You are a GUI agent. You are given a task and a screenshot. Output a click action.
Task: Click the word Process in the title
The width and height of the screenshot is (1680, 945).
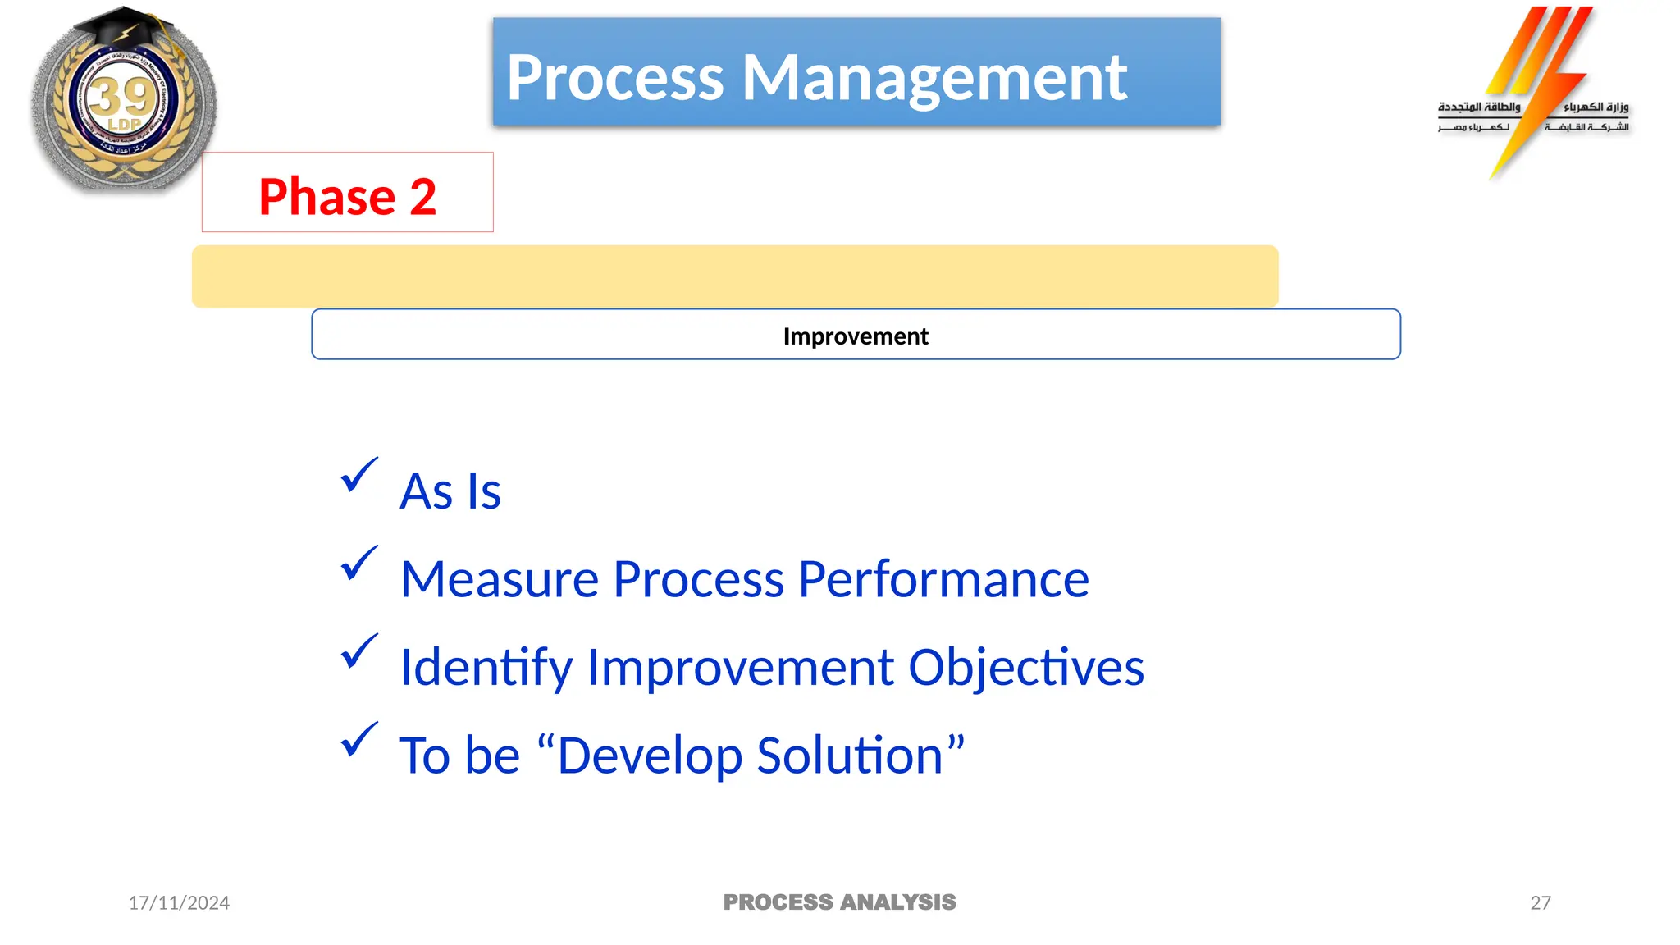coord(615,78)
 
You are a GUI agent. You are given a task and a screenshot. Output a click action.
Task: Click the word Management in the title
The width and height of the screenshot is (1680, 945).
coord(934,78)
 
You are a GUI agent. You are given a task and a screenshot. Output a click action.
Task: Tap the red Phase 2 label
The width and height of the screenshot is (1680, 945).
coord(347,196)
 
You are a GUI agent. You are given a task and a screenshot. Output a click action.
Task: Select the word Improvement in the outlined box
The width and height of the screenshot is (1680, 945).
coord(856,336)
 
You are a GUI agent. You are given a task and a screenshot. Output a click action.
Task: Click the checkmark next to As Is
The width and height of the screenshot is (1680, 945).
coord(358,475)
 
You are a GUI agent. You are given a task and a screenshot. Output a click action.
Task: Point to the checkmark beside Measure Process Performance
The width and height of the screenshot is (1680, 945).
coord(358,564)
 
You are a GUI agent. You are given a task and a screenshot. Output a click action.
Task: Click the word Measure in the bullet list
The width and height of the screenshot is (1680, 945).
coord(500,579)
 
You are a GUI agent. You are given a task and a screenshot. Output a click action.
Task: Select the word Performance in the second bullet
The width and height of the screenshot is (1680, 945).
coord(943,579)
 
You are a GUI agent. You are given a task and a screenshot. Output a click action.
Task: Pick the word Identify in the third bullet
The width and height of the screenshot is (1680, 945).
coord(486,667)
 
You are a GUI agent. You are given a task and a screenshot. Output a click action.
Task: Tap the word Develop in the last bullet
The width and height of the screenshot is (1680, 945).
coord(649,756)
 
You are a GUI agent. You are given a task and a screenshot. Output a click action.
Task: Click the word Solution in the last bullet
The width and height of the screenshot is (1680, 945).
coord(850,756)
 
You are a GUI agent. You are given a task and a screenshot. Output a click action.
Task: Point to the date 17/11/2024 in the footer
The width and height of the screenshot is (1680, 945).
coord(179,903)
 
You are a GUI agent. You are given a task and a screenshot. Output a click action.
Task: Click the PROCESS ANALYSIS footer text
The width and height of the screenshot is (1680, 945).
coord(839,902)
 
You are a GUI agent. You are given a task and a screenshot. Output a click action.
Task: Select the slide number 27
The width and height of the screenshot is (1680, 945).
coord(1541,903)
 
